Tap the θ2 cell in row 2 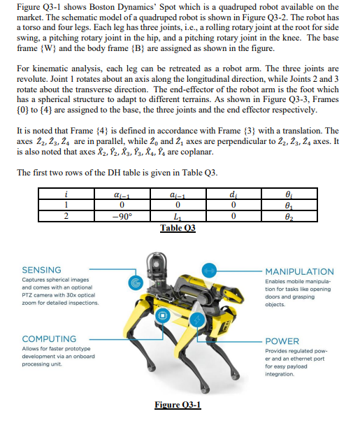(289, 215)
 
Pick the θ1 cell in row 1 (289, 206)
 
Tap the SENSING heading (41, 270)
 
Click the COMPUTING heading (49, 338)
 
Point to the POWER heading (282, 343)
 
